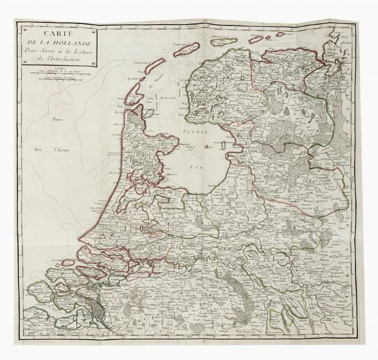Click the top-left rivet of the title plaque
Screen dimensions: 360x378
[x=21, y=28]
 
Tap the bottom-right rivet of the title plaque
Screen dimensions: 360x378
[x=94, y=64]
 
